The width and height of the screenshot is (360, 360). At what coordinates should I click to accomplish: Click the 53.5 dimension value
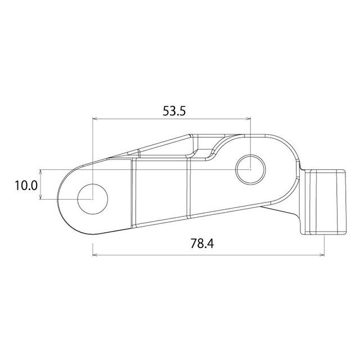174,111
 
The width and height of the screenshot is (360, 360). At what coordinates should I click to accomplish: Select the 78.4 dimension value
202,244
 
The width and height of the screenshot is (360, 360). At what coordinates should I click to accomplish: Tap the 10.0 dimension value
26,186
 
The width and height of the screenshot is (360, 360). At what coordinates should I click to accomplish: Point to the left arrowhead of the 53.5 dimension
95,119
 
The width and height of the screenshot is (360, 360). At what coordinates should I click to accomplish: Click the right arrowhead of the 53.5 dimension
248,119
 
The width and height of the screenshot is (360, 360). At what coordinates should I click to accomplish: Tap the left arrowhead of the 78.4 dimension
95,255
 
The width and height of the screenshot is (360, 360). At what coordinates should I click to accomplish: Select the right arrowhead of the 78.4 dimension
322,255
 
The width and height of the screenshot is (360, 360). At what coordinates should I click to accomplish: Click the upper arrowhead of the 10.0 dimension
40,172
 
